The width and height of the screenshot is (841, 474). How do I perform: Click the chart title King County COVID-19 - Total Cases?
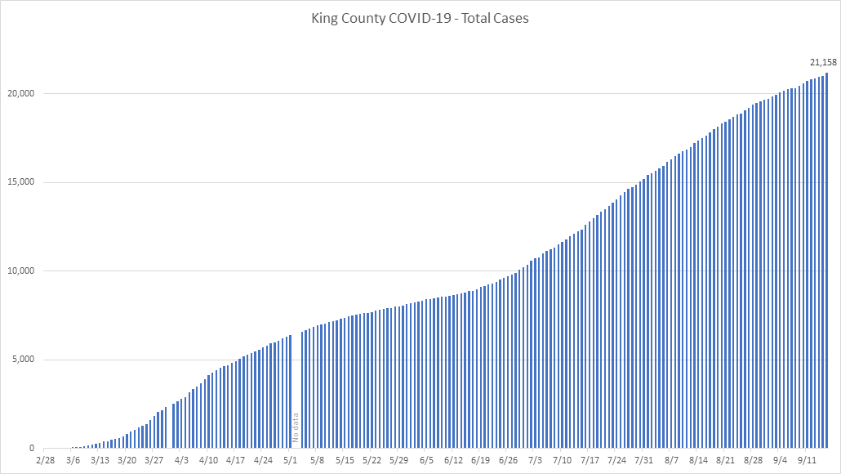pos(420,18)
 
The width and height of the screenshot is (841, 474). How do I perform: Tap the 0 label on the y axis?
pos(32,449)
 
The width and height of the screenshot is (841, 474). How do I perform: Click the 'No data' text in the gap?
pos(296,427)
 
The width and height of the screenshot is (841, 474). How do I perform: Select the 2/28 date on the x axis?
pos(46,461)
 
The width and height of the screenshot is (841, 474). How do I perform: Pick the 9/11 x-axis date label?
pos(807,461)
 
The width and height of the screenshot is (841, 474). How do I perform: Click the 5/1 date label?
pos(290,461)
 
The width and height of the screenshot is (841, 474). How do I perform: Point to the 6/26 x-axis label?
pos(508,461)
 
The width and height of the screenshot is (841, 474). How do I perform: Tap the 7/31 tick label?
pos(643,461)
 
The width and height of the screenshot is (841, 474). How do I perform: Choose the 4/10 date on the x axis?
pos(208,461)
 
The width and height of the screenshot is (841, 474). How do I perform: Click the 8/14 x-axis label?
pos(698,461)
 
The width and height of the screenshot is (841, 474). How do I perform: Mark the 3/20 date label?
pos(127,461)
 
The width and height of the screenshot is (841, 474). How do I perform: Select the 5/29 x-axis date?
pos(399,461)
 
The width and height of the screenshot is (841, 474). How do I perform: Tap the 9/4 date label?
pos(780,461)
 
